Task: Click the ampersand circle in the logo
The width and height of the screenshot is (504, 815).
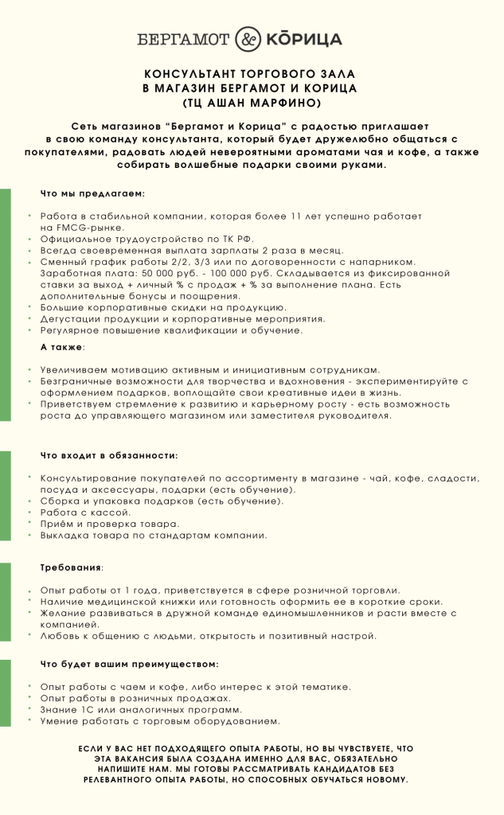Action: click(x=249, y=39)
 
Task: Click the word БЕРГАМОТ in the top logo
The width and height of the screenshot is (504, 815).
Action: click(x=183, y=39)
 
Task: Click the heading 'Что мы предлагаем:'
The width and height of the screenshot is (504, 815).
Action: click(x=92, y=193)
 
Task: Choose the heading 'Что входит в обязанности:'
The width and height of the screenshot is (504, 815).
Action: click(x=109, y=456)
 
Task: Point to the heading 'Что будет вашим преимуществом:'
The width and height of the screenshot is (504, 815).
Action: click(x=129, y=663)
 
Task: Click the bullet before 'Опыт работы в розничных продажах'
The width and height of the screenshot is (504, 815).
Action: click(x=29, y=697)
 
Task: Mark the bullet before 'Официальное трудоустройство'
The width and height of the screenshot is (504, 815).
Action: click(x=29, y=238)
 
